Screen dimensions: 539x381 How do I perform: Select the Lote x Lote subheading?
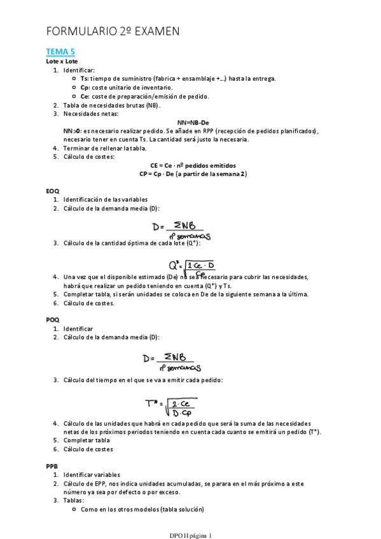62,61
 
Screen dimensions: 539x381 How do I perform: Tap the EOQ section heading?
53,191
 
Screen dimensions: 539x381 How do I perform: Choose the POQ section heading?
53,320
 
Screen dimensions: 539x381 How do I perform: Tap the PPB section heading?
52,466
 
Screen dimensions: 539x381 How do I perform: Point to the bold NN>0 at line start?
71,131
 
